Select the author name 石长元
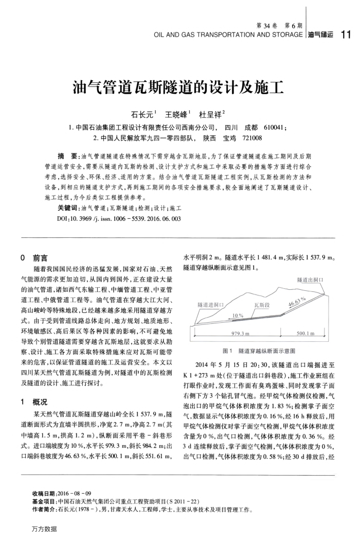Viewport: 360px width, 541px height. coord(143,114)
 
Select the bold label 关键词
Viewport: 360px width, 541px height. coord(67,207)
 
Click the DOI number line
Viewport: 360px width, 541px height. coord(116,218)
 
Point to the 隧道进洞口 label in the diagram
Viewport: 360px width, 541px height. coord(210,305)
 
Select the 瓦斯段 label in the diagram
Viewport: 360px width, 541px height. coord(262,305)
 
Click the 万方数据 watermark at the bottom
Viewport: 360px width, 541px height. coord(44,529)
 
